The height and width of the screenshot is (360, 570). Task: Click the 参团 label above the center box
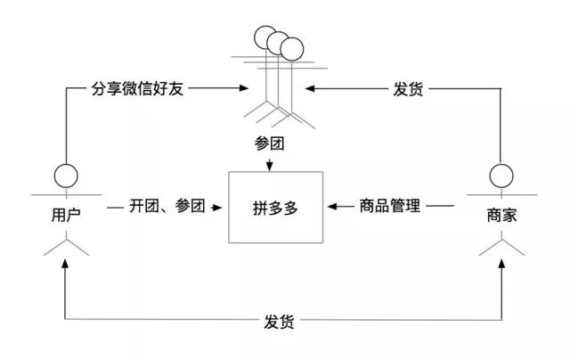(x=273, y=143)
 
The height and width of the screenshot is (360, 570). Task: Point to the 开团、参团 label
(x=167, y=207)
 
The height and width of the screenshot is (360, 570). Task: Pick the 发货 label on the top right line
(x=408, y=90)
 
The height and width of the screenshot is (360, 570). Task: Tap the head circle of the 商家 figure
(x=502, y=174)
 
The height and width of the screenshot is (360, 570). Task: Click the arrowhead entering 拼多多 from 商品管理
(x=330, y=207)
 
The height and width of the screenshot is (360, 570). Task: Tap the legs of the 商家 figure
(x=502, y=246)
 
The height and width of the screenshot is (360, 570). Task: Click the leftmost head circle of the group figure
(x=264, y=37)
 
